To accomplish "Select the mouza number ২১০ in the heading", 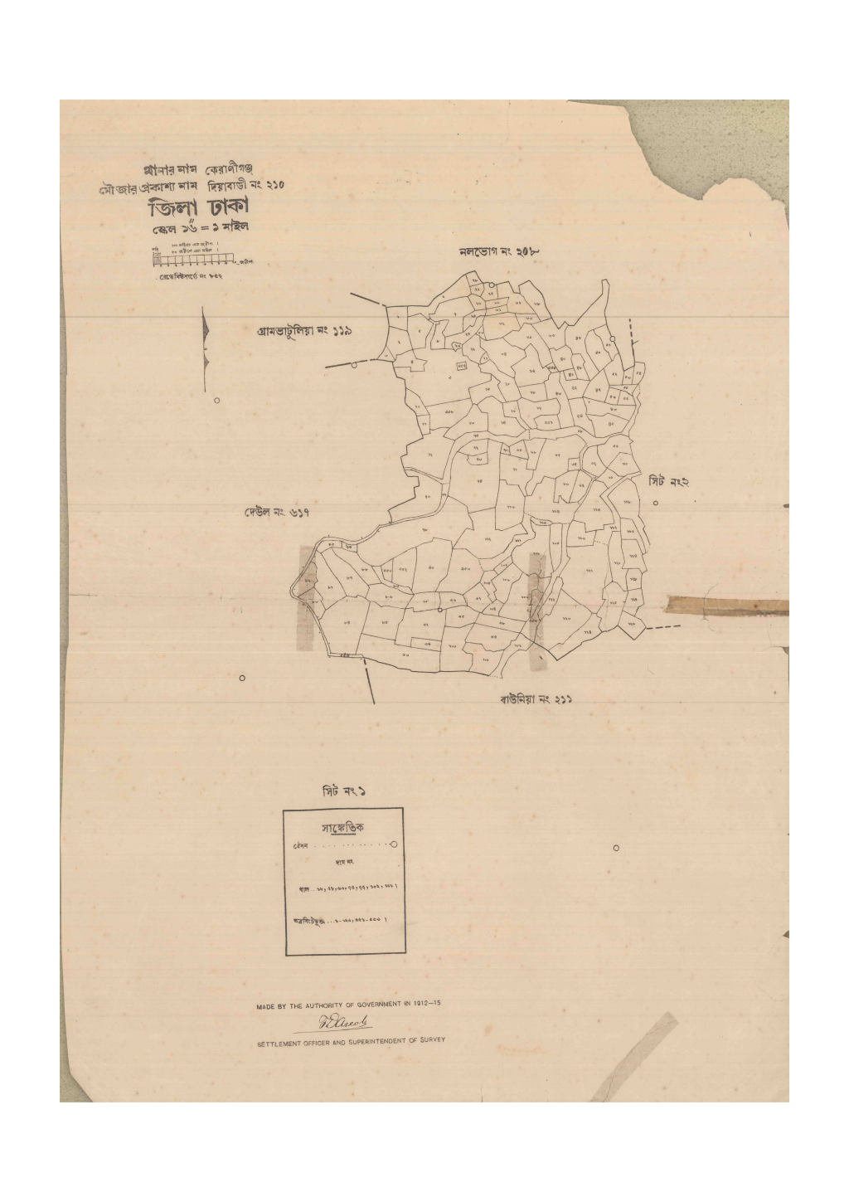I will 273,185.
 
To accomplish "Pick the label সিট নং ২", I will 668,481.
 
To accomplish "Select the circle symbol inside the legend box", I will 393,844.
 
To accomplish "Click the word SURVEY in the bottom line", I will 430,1039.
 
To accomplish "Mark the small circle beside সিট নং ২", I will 655,504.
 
